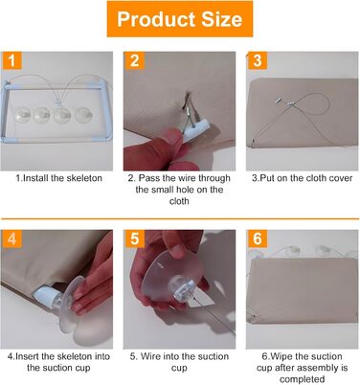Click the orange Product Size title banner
[x=180, y=19]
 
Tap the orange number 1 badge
[x=11, y=60]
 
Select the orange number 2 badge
[x=134, y=60]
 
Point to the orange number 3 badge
[x=258, y=60]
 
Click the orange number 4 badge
[x=11, y=238]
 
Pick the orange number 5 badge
[x=134, y=238]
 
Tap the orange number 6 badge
[x=258, y=238]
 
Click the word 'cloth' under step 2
[x=179, y=201]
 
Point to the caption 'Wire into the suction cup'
[x=179, y=362]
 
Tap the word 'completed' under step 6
[x=302, y=379]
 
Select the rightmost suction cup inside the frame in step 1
[x=84, y=115]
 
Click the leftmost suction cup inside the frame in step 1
[x=23, y=115]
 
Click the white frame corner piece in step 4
[x=47, y=294]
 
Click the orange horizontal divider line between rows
[x=180, y=219]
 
